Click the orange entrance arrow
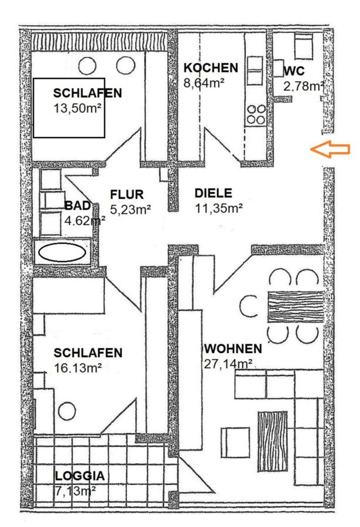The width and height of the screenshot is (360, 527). tap(330, 149)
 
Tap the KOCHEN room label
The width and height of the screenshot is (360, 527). tap(211, 68)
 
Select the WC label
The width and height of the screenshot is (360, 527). tap(294, 71)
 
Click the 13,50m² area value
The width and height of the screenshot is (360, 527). tap(77, 108)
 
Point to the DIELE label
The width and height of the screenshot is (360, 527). tap(214, 193)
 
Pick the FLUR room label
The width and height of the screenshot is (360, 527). tap(126, 194)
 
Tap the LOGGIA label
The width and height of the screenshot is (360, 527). tap(80, 476)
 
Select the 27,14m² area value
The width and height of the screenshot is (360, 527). tap(228, 364)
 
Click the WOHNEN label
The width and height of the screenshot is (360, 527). tap(233, 348)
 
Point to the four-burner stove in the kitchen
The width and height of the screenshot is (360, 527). tap(256, 115)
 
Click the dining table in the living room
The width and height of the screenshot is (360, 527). tap(296, 307)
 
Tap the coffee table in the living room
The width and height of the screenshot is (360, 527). tap(272, 441)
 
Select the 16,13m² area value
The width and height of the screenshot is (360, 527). tap(78, 368)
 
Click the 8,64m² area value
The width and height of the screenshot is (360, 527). tap(204, 83)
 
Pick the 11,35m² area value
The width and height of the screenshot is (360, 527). tap(219, 208)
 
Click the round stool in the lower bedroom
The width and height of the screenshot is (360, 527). tap(67, 412)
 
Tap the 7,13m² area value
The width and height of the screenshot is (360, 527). tap(75, 491)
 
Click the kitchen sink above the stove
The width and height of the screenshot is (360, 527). tap(255, 71)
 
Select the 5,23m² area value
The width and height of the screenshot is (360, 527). tap(131, 210)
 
